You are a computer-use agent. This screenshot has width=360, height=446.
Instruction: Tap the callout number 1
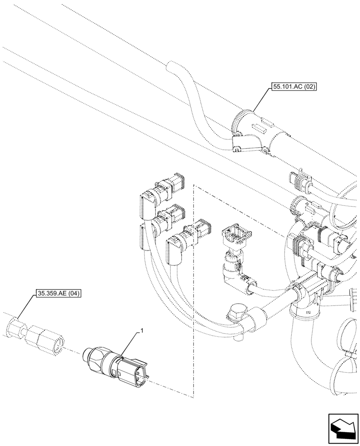pos(142,330)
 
